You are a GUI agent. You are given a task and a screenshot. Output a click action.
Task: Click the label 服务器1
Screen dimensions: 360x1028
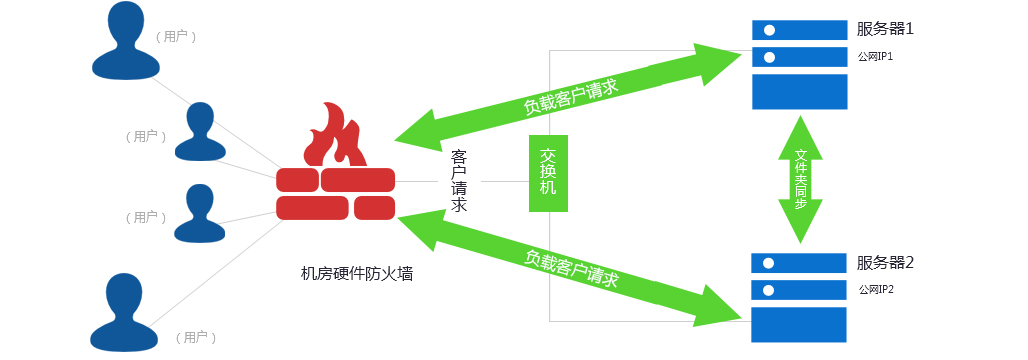coord(885,29)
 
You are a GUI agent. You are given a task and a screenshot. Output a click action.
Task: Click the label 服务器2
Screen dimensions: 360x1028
coord(885,264)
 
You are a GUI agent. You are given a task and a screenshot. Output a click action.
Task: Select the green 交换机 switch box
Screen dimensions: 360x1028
coord(548,173)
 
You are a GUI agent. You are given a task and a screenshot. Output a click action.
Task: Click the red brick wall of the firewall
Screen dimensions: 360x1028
coord(335,193)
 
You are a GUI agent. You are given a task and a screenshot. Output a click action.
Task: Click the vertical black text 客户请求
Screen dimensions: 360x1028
coord(460,181)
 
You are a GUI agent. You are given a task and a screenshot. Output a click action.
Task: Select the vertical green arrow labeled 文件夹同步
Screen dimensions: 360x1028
coord(800,179)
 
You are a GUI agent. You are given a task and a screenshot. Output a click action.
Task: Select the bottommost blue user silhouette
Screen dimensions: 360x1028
coord(126,311)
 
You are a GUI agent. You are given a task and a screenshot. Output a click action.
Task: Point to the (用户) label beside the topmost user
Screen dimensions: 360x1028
coord(176,35)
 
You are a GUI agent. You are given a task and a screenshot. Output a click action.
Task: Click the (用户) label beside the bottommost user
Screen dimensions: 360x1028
coord(196,337)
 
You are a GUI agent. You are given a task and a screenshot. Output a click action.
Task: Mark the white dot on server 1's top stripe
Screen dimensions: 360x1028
coord(769,29)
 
